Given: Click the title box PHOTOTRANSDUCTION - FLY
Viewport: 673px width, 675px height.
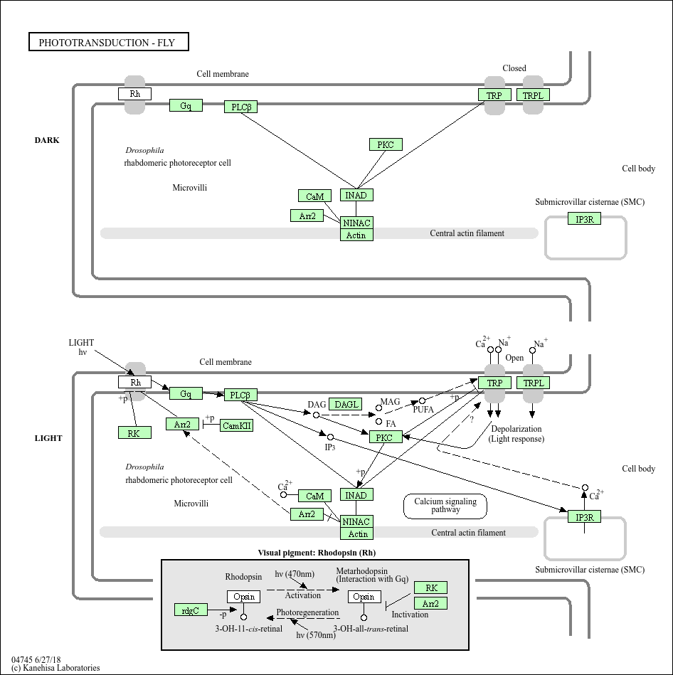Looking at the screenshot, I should click(x=108, y=43).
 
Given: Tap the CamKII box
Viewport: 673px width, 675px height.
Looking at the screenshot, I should click(x=236, y=425).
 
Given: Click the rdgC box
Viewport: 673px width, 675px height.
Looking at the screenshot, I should click(x=191, y=610).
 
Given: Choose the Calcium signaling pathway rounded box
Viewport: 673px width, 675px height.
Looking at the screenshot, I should click(x=445, y=506).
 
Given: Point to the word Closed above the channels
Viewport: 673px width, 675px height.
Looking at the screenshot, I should click(x=514, y=68).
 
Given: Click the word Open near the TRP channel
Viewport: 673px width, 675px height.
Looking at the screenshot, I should click(x=514, y=358).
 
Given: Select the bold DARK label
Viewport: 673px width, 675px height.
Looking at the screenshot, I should click(x=47, y=140).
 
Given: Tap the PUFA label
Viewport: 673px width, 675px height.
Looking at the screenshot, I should click(x=423, y=410).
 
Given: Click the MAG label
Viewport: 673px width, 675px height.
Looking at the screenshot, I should click(x=390, y=402).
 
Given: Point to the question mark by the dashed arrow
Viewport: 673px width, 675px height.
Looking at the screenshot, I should click(x=471, y=420).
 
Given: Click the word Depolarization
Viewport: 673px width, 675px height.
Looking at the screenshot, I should click(x=516, y=429).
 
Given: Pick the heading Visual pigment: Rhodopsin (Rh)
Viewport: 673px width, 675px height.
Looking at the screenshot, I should click(x=316, y=553).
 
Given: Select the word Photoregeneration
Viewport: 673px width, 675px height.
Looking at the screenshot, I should click(x=307, y=612).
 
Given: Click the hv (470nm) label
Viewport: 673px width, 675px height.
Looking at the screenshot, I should click(x=295, y=574).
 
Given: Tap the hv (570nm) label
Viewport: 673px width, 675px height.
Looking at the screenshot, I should click(x=315, y=635).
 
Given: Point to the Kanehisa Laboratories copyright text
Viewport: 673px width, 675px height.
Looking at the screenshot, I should click(x=55, y=668).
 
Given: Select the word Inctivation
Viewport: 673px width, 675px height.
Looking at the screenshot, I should click(x=410, y=615).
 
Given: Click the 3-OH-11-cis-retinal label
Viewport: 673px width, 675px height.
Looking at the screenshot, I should click(x=248, y=629).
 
